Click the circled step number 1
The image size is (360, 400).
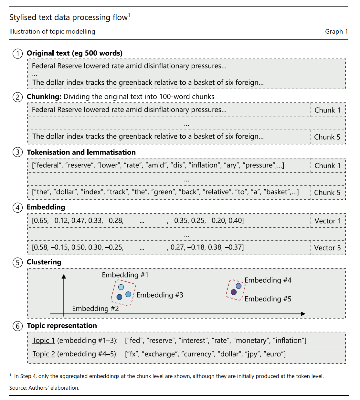point(18,54)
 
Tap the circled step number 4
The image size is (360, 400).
point(18,208)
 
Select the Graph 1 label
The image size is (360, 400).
point(336,32)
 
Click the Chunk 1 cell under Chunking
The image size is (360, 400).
point(327,110)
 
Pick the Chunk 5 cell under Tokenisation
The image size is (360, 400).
point(327,193)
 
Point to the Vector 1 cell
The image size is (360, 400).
point(328,221)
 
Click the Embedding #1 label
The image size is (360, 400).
point(125,275)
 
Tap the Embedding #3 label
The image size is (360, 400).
point(160,295)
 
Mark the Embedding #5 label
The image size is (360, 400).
point(268,299)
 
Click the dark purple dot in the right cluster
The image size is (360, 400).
point(234,292)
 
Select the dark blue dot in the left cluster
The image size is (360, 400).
point(119,297)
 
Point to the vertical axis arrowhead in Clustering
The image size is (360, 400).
point(64,276)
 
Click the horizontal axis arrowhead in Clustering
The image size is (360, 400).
point(303,314)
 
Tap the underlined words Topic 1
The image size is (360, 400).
point(44,341)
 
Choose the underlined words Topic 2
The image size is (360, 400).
point(44,354)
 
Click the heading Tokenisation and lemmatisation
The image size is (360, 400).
point(81,152)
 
